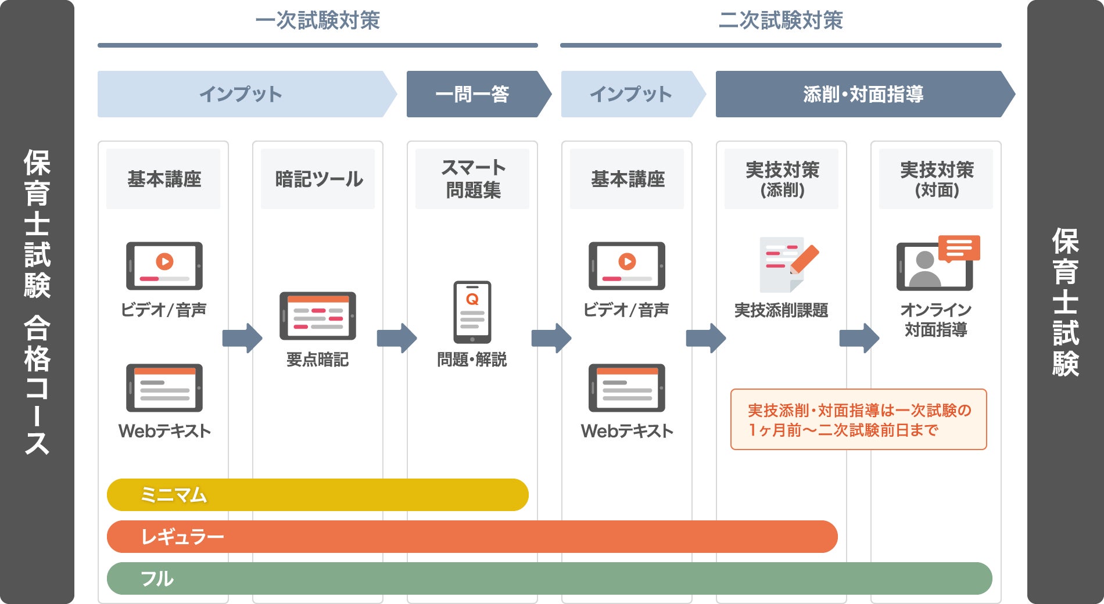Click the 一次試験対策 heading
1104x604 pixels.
pyautogui.click(x=317, y=21)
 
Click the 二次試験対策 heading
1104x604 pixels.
pyautogui.click(x=780, y=21)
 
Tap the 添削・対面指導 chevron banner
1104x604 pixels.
pyautogui.click(x=863, y=94)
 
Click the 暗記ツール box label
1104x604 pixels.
pyautogui.click(x=318, y=179)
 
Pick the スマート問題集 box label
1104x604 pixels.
pyautogui.click(x=472, y=179)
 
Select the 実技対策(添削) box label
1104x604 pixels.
pyautogui.click(x=782, y=179)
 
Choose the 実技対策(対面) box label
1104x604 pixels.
pyautogui.click(x=936, y=179)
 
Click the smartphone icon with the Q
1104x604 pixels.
pyautogui.click(x=472, y=312)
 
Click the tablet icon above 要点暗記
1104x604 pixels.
pyautogui.click(x=318, y=316)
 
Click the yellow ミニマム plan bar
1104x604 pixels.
pyautogui.click(x=317, y=495)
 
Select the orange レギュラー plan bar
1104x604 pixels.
pyautogui.click(x=472, y=537)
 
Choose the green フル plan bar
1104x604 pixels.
pyautogui.click(x=549, y=578)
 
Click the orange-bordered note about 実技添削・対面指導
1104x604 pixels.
pyautogui.click(x=858, y=419)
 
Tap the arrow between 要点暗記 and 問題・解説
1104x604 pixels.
pyautogui.click(x=397, y=338)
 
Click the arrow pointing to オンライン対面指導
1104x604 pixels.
pyautogui.click(x=859, y=338)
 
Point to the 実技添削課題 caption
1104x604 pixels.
pyautogui.click(x=781, y=311)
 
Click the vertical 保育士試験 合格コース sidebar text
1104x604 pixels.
pyautogui.click(x=37, y=302)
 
